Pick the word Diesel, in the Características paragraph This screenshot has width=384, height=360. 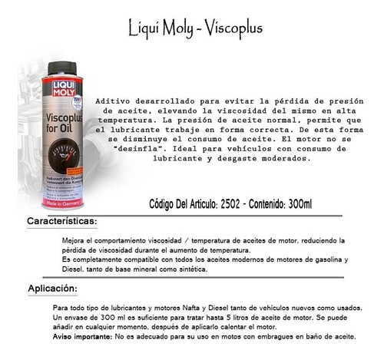[x=60, y=269]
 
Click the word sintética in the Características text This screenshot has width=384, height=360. [x=187, y=269]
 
